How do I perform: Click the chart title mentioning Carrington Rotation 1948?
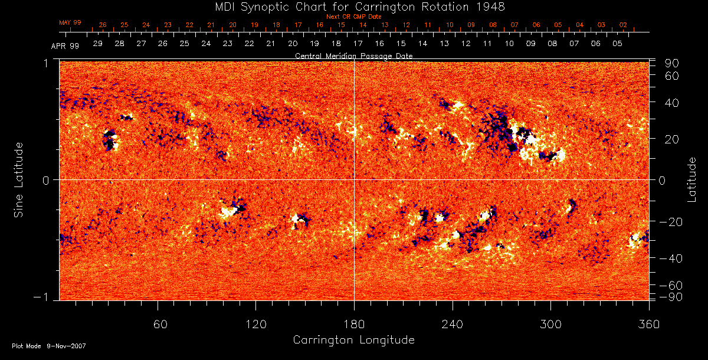[x=354, y=6]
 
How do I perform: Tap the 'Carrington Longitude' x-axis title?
[x=353, y=340]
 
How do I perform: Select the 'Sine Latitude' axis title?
[x=19, y=179]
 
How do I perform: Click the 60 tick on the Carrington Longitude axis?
[x=158, y=324]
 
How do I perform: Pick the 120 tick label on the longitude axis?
[x=256, y=324]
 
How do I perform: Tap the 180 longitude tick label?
[x=354, y=324]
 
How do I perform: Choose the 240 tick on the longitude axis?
[x=452, y=324]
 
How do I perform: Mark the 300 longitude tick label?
[x=550, y=324]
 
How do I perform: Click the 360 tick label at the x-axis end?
[x=648, y=324]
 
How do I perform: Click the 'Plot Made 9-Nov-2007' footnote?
[x=49, y=346]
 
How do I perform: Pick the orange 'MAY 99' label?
[x=70, y=22]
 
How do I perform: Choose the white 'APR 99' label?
[x=65, y=45]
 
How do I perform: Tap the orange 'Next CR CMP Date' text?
[x=354, y=17]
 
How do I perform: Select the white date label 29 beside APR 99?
[x=98, y=44]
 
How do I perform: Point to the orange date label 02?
[x=623, y=25]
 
